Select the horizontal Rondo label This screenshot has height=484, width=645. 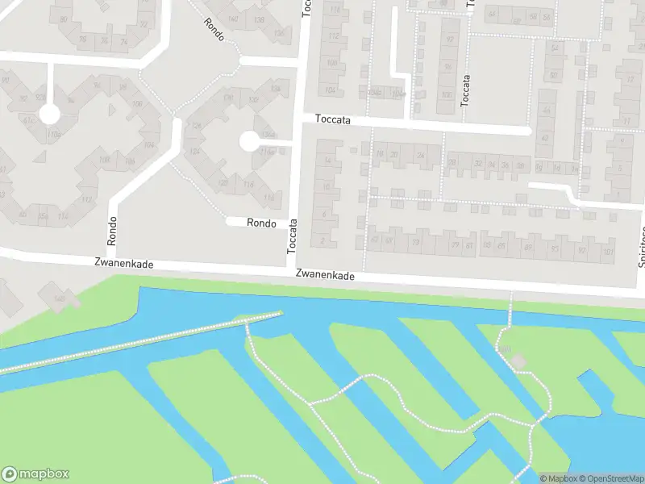pyautogui.click(x=262, y=223)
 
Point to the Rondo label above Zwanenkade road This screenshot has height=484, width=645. pyautogui.click(x=112, y=231)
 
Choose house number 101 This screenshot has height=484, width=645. pyautogui.click(x=607, y=251)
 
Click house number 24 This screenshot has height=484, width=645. pyautogui.click(x=420, y=155)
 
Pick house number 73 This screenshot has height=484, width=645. pyautogui.click(x=416, y=242)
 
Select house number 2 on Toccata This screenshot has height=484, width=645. pyautogui.click(x=323, y=240)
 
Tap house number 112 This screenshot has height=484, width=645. pyautogui.click(x=331, y=37)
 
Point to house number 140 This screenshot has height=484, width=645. pyautogui.click(x=234, y=19)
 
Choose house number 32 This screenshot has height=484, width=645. pyautogui.click(x=479, y=163)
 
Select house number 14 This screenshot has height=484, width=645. pyautogui.click(x=327, y=161)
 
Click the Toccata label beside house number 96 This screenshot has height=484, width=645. pyautogui.click(x=464, y=91)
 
